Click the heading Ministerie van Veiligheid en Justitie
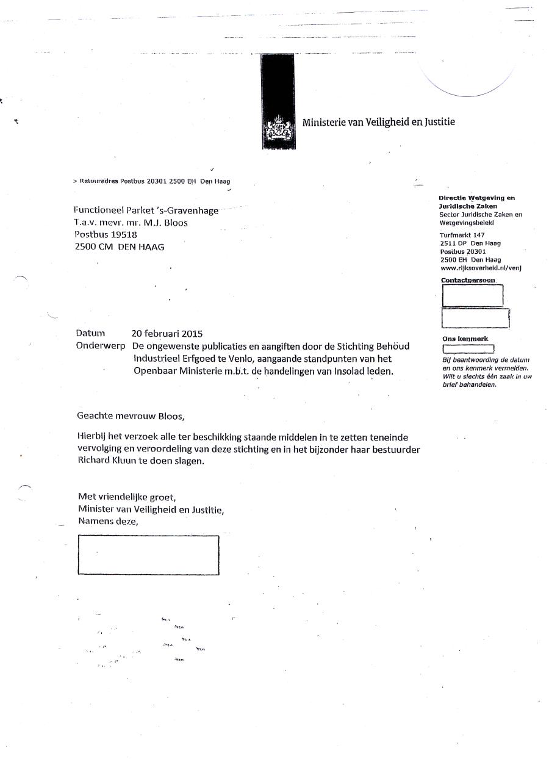[x=378, y=122]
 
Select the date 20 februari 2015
[x=167, y=334]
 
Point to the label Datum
[x=90, y=334]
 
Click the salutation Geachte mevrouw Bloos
[x=130, y=416]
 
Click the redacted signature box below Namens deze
[x=148, y=555]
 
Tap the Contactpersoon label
[x=468, y=281]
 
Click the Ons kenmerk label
[x=465, y=339]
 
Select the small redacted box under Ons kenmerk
[x=468, y=349]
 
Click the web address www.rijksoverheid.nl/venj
[x=481, y=267]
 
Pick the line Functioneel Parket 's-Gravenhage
[x=146, y=210]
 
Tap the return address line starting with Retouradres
[x=151, y=181]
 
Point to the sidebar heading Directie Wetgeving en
[x=476, y=198]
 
